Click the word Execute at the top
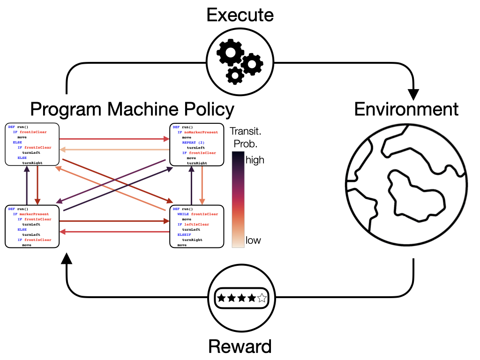pos(240,15)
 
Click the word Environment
pos(406,109)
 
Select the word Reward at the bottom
pos(240,347)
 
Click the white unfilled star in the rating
pos(262,298)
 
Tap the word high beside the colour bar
pos(255,160)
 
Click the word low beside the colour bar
pos(253,240)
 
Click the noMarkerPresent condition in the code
pos(201,132)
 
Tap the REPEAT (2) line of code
pos(194,142)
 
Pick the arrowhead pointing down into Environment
pos(413,94)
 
